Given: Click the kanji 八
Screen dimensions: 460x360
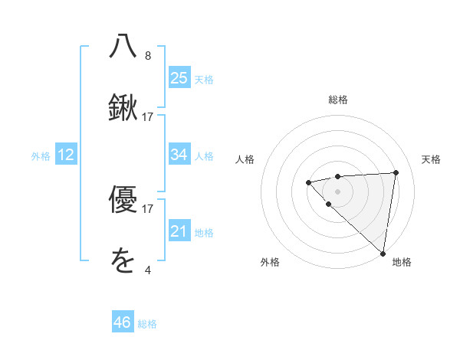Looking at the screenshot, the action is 123,47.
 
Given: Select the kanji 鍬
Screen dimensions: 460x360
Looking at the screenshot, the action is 123,109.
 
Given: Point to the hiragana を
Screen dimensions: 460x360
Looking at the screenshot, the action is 123,262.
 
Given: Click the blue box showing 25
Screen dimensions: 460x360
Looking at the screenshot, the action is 179,78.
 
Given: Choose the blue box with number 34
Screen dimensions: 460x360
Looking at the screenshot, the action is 179,155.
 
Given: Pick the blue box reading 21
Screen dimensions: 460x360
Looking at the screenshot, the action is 179,231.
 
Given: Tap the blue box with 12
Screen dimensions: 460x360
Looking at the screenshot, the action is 66,155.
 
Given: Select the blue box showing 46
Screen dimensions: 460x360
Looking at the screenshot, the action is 123,322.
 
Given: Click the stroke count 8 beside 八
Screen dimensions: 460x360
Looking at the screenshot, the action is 148,56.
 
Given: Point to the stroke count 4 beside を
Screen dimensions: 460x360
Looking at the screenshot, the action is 148,270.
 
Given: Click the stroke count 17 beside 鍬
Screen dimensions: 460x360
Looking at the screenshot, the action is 148,117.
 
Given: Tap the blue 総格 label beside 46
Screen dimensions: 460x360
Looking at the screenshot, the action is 147,324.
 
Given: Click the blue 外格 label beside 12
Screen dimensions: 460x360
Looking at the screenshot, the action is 41,156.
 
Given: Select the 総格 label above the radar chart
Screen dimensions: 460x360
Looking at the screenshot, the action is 337,100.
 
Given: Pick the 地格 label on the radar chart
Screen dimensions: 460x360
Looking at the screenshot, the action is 402,263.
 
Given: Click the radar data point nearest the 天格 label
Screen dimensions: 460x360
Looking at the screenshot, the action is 396,172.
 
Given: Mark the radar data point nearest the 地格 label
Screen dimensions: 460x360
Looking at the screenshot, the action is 383,253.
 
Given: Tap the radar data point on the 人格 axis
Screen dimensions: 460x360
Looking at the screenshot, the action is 308,182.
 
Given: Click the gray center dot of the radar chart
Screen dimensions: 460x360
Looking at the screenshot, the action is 337,191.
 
